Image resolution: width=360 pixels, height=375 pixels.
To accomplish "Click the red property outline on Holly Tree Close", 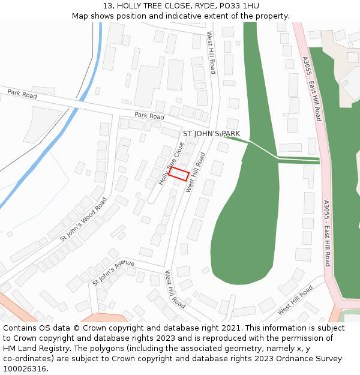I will pos(179,174).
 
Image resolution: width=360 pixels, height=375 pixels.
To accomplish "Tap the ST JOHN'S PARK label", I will pos(211,133).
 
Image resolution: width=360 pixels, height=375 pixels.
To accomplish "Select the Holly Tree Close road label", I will pos(172,163).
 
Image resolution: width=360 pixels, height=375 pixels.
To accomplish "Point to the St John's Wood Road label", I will pos(83,219).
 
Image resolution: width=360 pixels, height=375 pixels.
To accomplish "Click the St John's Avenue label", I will pos(113,272).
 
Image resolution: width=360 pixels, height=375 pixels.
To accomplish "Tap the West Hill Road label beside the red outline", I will pos(196,172).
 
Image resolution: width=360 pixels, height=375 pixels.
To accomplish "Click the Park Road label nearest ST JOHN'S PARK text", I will pos(149,115).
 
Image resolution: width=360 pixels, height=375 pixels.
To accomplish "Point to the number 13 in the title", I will pos(99,6).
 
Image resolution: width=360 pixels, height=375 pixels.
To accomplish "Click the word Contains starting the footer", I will pos(21,328).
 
